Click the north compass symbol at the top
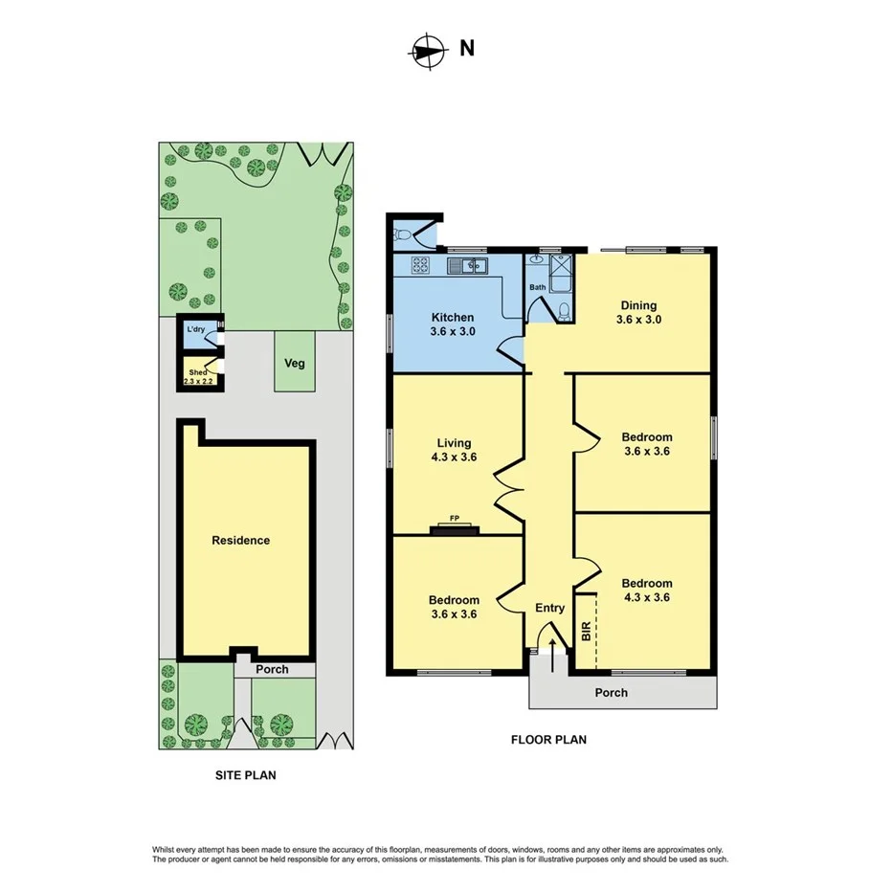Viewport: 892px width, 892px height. (x=428, y=52)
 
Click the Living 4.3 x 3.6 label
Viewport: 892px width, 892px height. (x=454, y=450)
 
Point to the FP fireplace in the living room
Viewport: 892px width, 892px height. (x=455, y=524)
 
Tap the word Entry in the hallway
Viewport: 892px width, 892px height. (x=549, y=608)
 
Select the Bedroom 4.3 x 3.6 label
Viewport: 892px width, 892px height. (x=647, y=591)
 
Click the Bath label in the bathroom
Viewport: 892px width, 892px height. (x=537, y=287)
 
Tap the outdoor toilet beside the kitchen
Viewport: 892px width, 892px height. (x=405, y=233)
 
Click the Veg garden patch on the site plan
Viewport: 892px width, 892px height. (x=294, y=363)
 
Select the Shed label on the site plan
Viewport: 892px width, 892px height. (x=198, y=373)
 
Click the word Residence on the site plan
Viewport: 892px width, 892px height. (x=240, y=541)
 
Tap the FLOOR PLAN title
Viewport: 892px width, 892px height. (x=548, y=739)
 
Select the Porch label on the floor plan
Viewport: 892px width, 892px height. (x=612, y=692)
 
